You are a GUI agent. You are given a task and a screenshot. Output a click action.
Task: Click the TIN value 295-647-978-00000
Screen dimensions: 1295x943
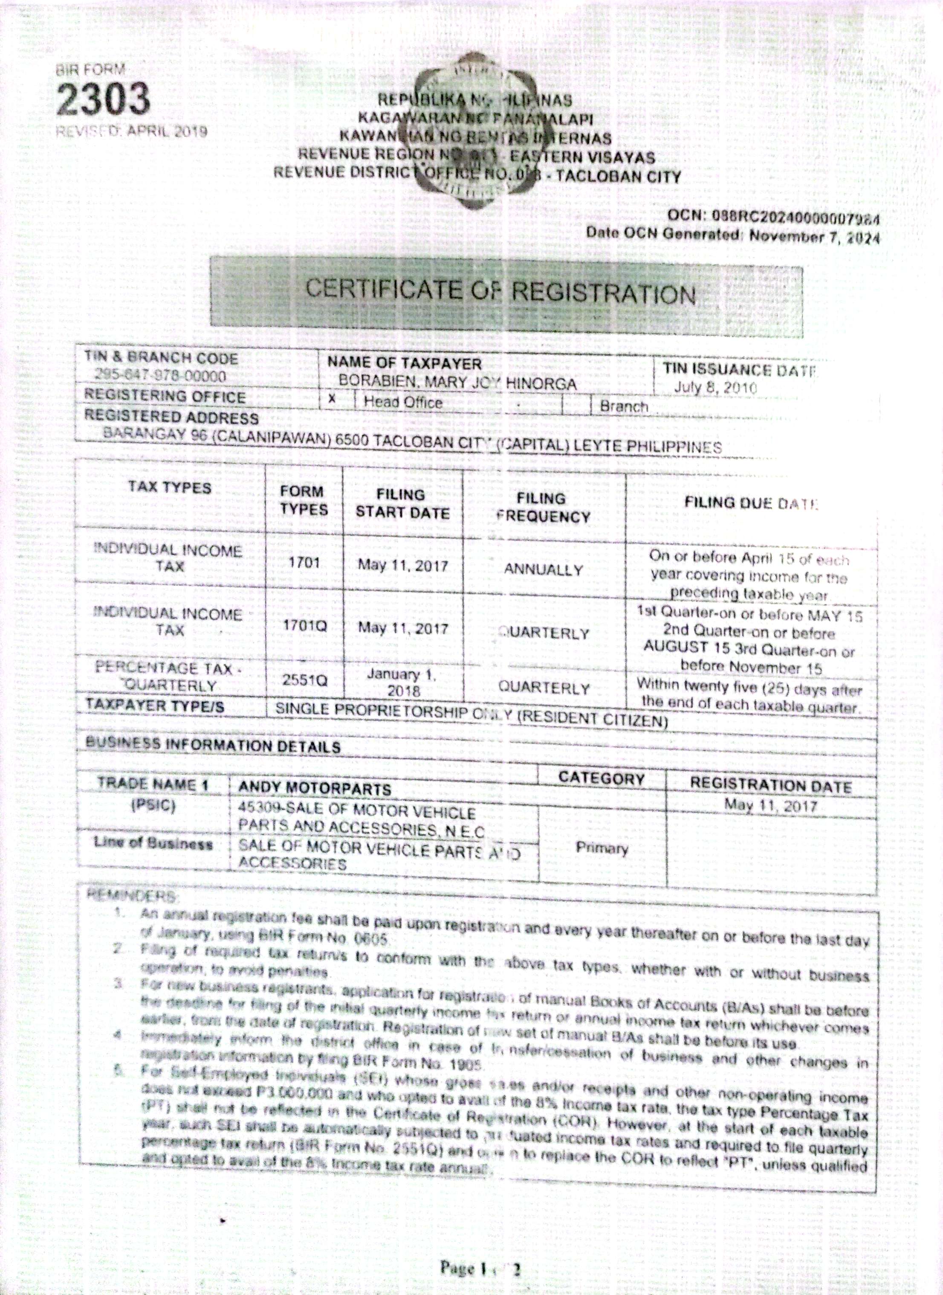[x=161, y=377]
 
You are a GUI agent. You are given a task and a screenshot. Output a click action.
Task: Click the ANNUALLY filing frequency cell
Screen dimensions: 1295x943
[x=543, y=570]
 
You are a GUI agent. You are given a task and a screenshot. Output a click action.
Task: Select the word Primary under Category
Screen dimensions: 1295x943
[x=602, y=848]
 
